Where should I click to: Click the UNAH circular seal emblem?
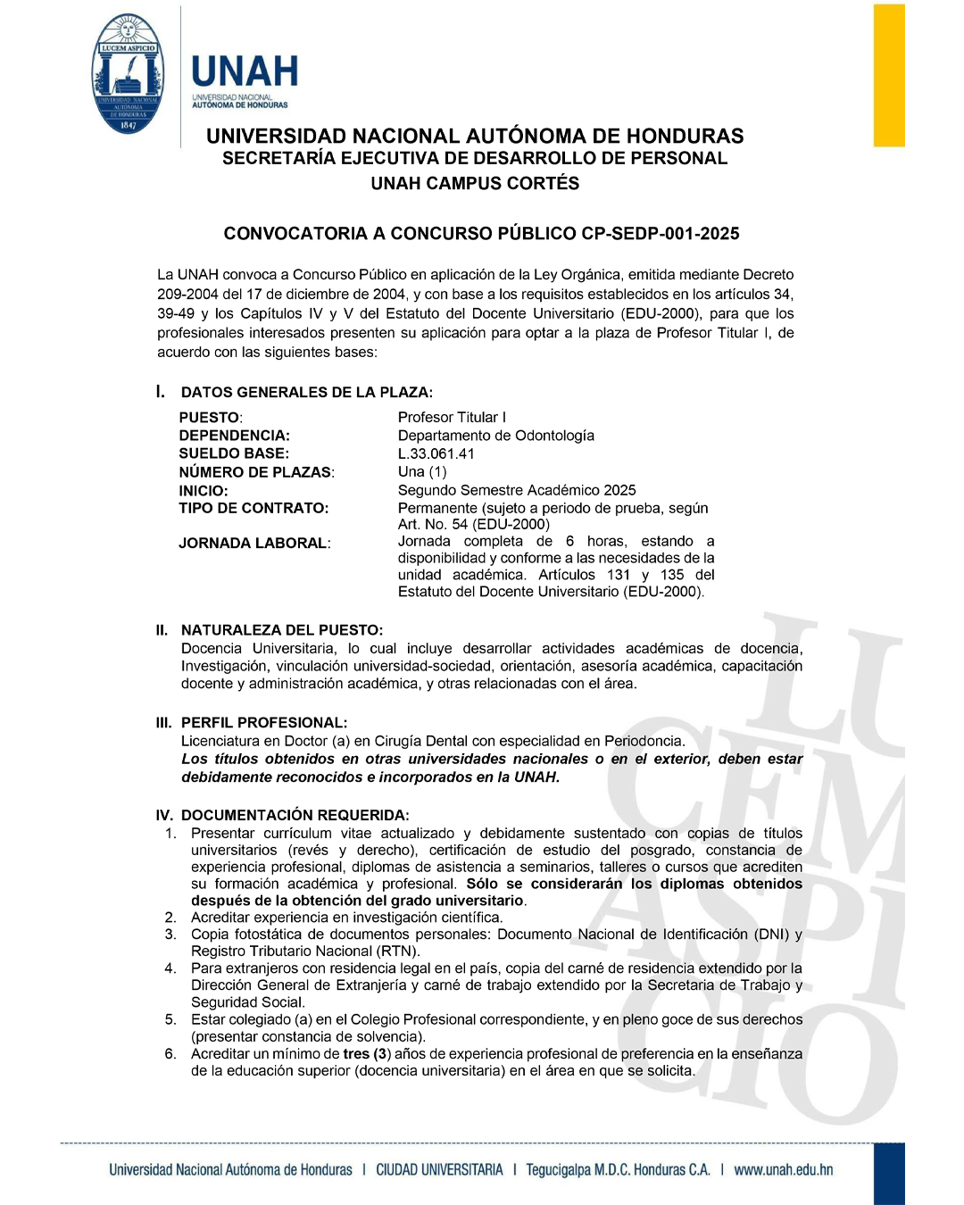pyautogui.click(x=129, y=74)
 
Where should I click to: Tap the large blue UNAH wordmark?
pyautogui.click(x=245, y=71)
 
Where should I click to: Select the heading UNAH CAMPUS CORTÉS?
pyautogui.click(x=475, y=184)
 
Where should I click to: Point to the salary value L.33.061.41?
pyautogui.click(x=436, y=453)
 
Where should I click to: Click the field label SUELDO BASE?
pyautogui.click(x=234, y=453)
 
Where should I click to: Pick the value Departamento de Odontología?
pyautogui.click(x=496, y=436)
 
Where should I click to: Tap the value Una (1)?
pyautogui.click(x=422, y=471)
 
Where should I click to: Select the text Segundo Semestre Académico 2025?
pyautogui.click(x=517, y=490)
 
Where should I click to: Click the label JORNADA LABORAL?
pyautogui.click(x=254, y=543)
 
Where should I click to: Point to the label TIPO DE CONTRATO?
pyautogui.click(x=253, y=508)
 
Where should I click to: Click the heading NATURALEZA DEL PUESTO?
pyautogui.click(x=281, y=630)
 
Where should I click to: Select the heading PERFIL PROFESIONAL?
pyautogui.click(x=264, y=723)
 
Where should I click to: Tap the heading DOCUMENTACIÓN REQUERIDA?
pyautogui.click(x=295, y=815)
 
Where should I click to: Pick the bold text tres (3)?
pyautogui.click(x=368, y=1054)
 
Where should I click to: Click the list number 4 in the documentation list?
pyautogui.click(x=170, y=968)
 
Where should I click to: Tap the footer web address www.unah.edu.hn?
pyautogui.click(x=783, y=1169)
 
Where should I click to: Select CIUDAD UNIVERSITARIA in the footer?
pyautogui.click(x=439, y=1169)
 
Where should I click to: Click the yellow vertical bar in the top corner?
pyautogui.click(x=888, y=75)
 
